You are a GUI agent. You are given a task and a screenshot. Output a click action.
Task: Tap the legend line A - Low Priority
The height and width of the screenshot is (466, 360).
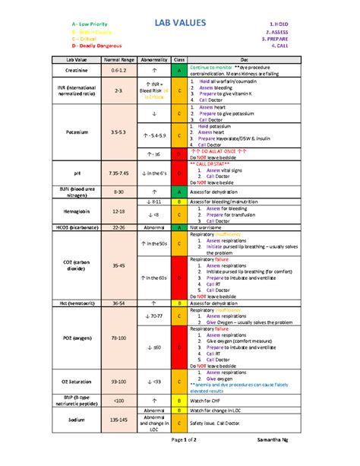coord(88,26)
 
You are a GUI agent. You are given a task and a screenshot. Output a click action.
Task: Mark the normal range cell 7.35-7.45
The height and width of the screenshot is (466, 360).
coord(118,173)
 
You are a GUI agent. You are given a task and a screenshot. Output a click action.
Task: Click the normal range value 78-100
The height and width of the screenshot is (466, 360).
coord(118,338)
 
